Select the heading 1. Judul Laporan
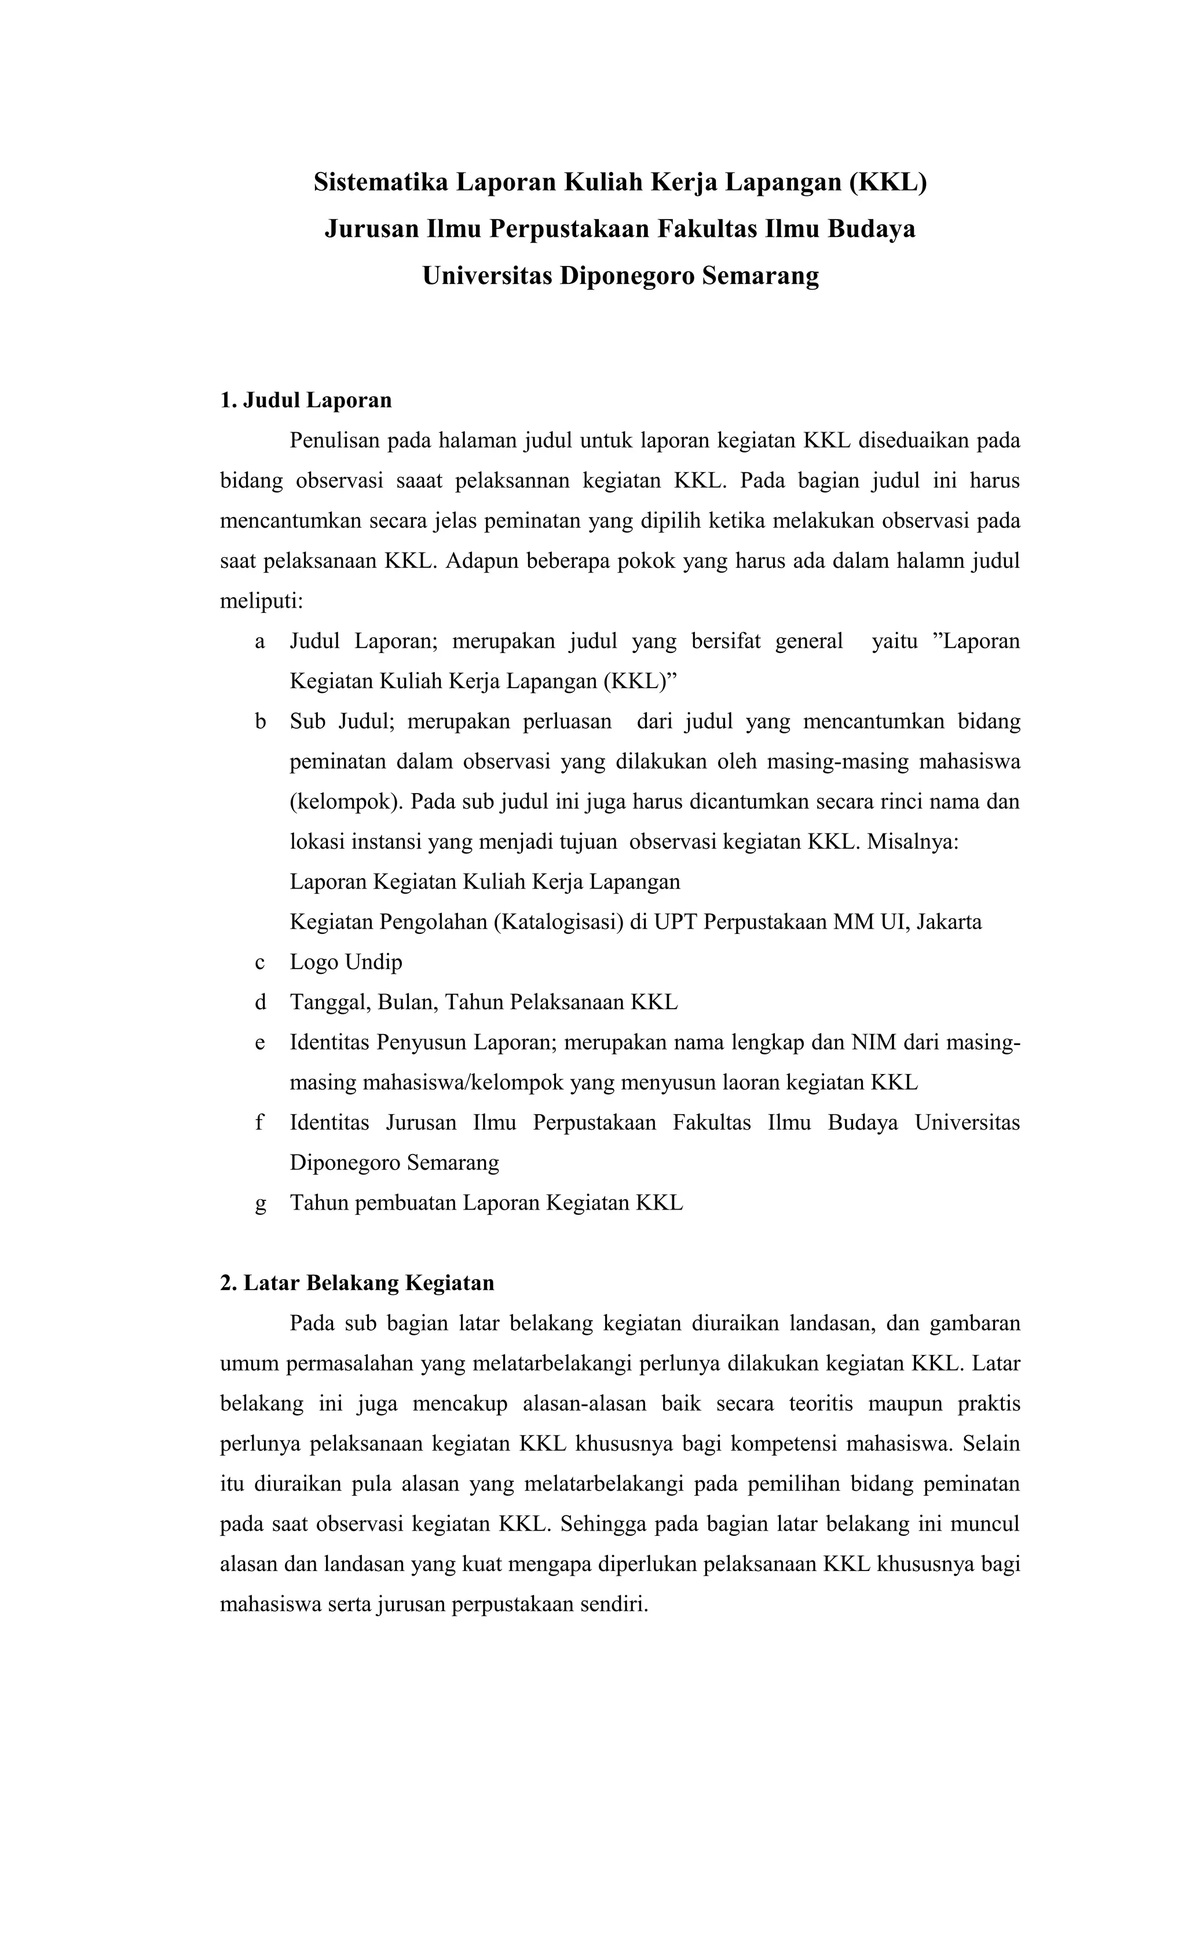click(x=305, y=400)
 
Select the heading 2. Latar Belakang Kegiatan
click(x=357, y=1283)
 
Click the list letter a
click(x=259, y=641)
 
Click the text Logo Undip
click(x=346, y=962)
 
